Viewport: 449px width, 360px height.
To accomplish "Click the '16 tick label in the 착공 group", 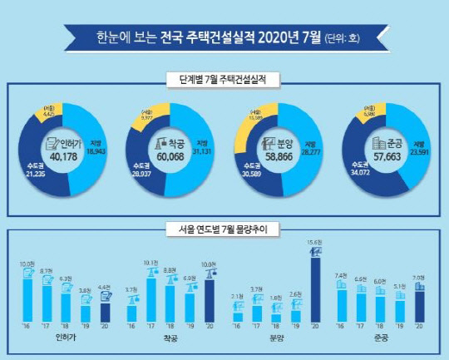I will (131, 328).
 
